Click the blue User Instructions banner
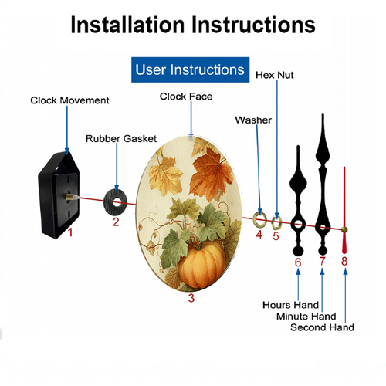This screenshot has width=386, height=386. point(190,69)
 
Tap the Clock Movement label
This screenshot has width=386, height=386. point(69,100)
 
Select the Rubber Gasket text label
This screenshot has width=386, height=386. point(121,139)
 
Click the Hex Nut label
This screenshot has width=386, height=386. point(275,75)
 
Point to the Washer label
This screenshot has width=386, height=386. point(253,120)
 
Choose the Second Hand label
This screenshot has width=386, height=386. point(322,327)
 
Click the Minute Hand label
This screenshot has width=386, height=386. point(306,316)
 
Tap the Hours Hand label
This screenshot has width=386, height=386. point(290,305)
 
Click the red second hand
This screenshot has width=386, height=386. point(344,210)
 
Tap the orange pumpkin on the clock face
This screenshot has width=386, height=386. point(201,265)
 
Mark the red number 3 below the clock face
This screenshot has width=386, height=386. point(191,298)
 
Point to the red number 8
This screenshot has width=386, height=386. point(344,261)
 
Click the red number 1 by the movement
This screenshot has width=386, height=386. point(70,232)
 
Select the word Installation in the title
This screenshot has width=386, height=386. point(127,25)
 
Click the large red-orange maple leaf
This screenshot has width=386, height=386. point(211,174)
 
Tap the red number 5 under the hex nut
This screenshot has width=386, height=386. point(276,236)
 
